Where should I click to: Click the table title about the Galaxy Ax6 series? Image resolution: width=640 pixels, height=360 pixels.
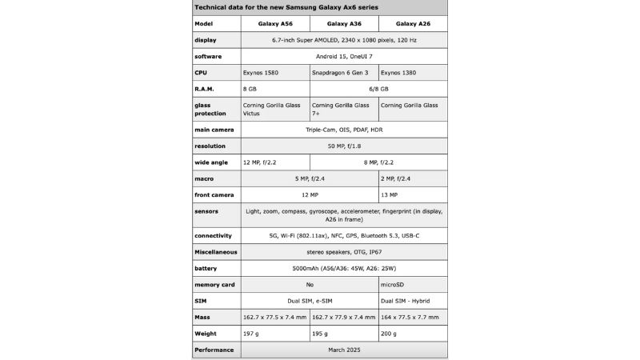click(286, 7)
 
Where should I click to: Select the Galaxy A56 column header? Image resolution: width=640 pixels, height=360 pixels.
click(274, 23)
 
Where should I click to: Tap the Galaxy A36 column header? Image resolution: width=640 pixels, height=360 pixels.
click(343, 23)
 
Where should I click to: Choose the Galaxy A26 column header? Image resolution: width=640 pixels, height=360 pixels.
click(413, 23)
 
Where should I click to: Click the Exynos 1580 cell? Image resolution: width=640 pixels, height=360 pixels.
click(261, 72)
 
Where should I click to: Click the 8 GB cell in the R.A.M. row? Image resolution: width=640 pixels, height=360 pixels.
click(250, 89)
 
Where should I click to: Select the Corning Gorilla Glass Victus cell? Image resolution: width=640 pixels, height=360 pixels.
click(273, 109)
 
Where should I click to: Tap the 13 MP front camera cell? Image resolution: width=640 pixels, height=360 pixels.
click(390, 194)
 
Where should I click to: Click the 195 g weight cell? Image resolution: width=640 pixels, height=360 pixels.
click(320, 334)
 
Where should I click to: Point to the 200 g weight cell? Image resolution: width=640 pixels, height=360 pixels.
click(389, 334)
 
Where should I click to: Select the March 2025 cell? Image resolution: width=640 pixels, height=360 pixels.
click(343, 350)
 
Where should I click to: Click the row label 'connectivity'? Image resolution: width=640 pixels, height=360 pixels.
click(213, 235)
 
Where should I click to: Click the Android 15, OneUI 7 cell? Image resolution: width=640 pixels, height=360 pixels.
click(343, 56)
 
